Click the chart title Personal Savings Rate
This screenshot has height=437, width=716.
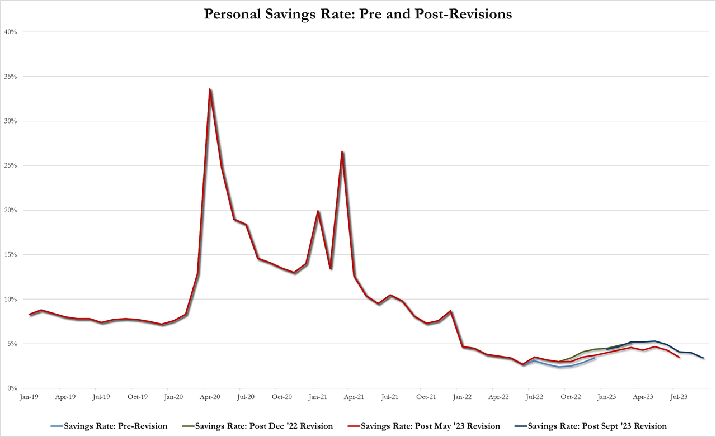coord(358,14)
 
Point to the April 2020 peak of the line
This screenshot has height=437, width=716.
coord(210,89)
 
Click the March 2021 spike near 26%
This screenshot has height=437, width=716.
coord(342,151)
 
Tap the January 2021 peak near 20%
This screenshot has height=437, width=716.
coord(318,211)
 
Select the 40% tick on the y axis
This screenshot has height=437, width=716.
coord(10,32)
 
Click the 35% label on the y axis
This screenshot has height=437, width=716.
coord(10,77)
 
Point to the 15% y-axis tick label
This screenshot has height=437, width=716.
coord(10,255)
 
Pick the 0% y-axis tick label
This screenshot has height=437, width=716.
coord(12,388)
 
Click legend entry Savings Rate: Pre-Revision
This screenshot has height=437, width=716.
coord(114,426)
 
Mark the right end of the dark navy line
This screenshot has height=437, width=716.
coord(703,358)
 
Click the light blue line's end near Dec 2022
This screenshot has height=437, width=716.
coord(595,358)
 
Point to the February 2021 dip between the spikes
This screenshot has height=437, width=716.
coord(330,268)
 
